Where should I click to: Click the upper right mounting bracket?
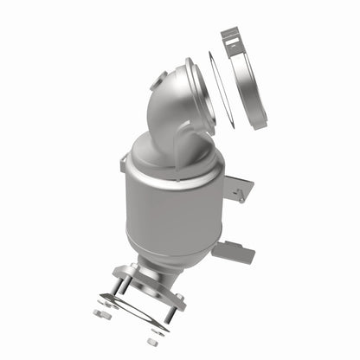point(240,188)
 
